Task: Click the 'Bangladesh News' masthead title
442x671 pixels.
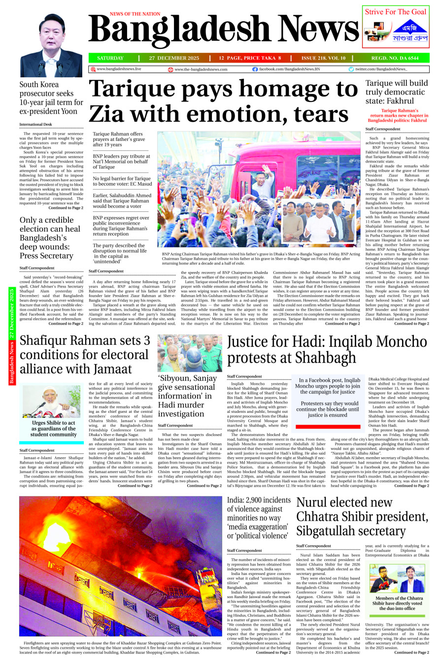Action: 224,30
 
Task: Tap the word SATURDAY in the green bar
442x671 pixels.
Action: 110,58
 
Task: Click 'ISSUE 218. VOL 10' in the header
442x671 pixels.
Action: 323,58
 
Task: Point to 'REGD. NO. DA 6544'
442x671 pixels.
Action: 395,58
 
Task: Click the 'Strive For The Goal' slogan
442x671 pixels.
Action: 396,12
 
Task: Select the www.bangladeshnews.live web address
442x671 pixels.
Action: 118,69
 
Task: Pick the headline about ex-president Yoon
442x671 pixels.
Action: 51,98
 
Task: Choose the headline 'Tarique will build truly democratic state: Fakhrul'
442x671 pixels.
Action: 397,92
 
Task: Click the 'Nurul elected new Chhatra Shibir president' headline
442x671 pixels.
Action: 362,516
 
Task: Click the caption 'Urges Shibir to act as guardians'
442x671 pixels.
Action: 53,429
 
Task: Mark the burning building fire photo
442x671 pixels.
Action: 121,566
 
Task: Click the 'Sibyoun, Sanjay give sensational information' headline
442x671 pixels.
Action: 188,396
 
